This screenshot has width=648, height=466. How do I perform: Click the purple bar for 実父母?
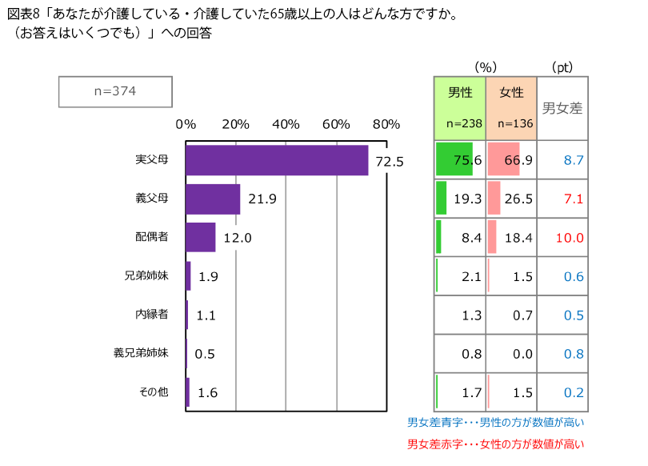(277, 160)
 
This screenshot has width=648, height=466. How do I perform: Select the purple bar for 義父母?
(213, 199)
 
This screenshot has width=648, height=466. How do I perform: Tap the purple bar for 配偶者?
(201, 237)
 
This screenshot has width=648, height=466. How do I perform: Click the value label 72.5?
(390, 161)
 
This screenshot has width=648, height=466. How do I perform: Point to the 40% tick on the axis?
(286, 124)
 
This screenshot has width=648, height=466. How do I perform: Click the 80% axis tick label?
(386, 124)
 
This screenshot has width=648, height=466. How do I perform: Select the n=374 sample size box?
(115, 91)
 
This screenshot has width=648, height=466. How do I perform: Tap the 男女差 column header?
(562, 108)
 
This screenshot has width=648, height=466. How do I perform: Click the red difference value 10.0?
(569, 238)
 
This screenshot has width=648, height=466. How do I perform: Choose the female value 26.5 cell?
(511, 199)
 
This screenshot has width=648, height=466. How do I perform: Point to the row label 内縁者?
(152, 314)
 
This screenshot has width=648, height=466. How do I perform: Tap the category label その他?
(153, 392)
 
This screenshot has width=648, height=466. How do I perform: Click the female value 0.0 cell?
(511, 353)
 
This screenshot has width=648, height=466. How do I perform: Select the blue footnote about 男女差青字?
(496, 422)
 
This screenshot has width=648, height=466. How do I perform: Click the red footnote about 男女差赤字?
(496, 444)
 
